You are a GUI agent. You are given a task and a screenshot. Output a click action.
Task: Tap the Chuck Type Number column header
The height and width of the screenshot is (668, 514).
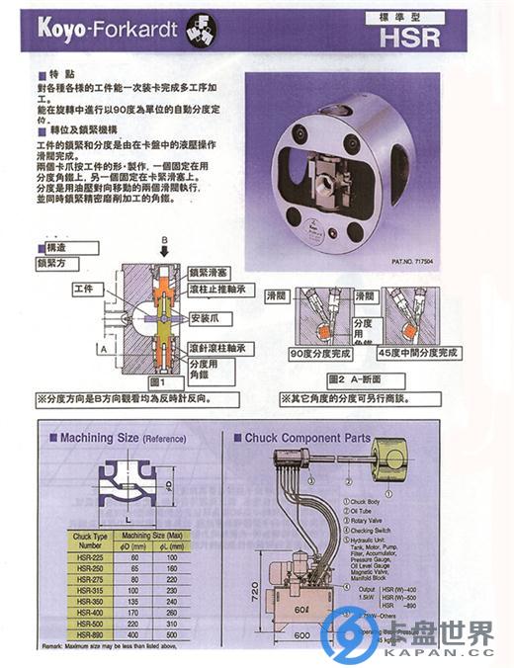coord(87,541)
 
